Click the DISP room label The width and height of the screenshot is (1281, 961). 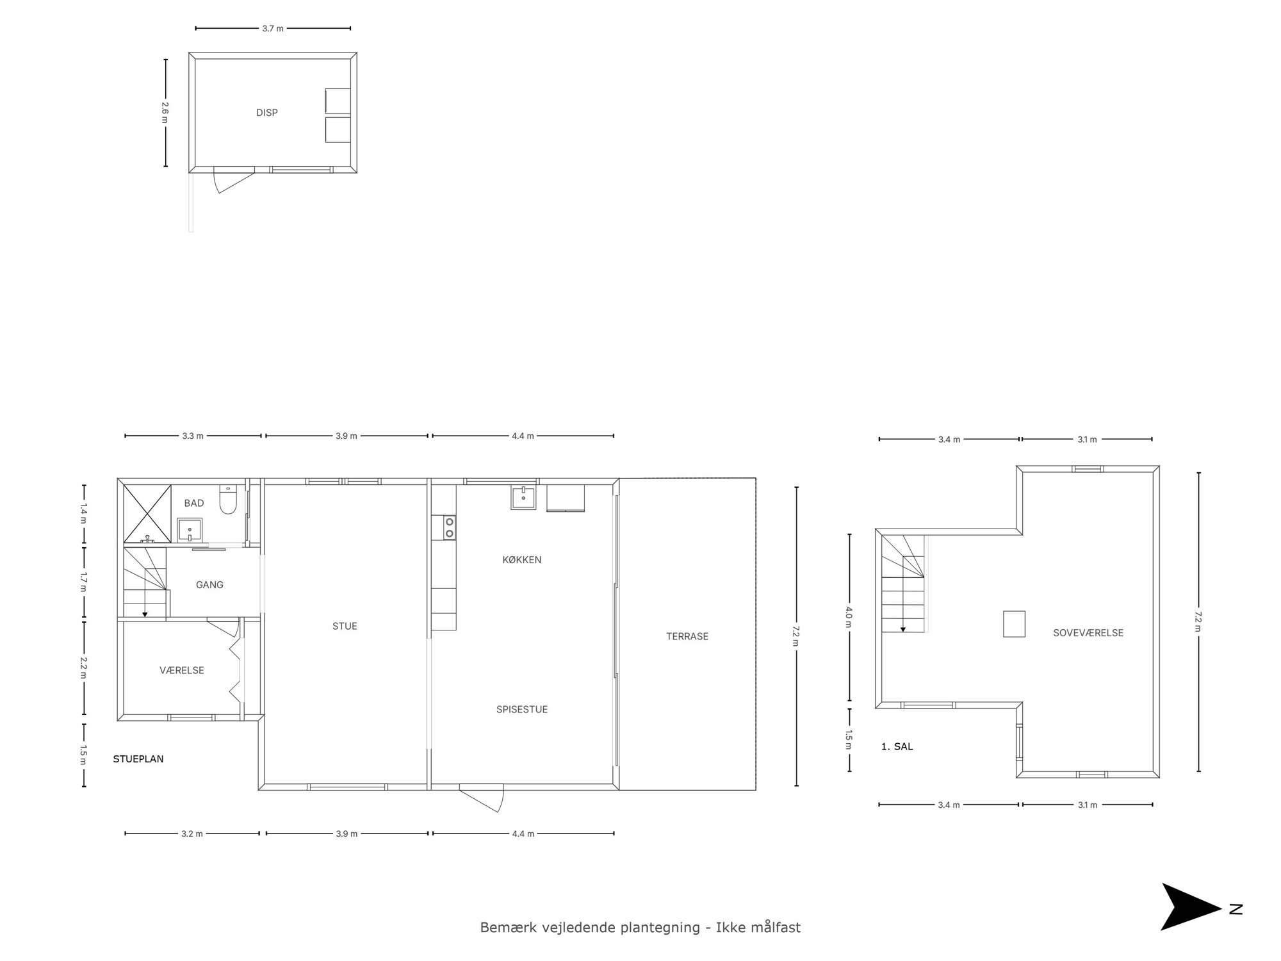click(266, 113)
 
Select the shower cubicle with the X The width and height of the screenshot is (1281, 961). click(147, 514)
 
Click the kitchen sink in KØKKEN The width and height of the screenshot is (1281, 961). click(523, 497)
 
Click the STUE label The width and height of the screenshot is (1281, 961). click(345, 626)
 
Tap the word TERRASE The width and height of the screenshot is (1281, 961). click(687, 636)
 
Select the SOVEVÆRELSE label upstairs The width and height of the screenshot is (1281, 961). click(1088, 633)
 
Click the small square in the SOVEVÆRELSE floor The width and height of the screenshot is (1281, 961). click(1014, 624)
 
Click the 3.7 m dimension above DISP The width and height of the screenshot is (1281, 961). click(273, 28)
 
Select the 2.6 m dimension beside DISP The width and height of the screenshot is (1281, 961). click(165, 113)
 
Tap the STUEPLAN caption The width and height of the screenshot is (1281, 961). click(138, 759)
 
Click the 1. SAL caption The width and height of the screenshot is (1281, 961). click(897, 746)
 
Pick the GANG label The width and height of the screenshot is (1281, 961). click(209, 584)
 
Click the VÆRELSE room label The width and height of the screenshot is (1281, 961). click(182, 670)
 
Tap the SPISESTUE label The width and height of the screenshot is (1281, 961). click(522, 709)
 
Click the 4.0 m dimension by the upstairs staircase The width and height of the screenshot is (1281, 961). click(849, 617)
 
